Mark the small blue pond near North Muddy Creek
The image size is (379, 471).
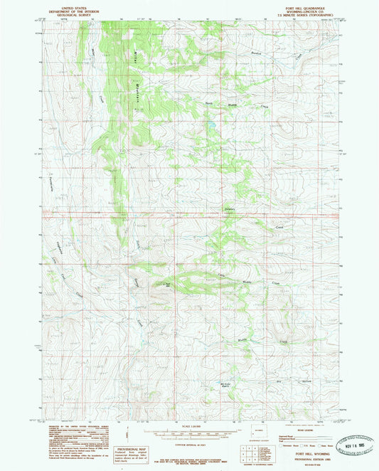tap(211, 129)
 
